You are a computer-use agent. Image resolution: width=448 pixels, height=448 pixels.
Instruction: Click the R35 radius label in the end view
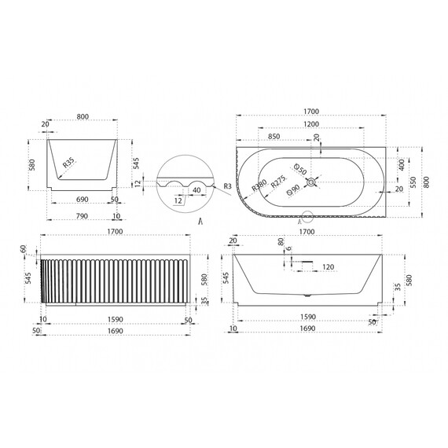pos(68,163)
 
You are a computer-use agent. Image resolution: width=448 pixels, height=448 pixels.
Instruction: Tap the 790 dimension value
pos(81,215)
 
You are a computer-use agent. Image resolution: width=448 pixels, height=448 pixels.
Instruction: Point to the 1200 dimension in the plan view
pos(313,125)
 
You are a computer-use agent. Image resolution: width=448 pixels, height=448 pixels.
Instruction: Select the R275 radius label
pos(277,182)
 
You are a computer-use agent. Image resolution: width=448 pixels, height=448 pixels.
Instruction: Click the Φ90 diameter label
pos(293,189)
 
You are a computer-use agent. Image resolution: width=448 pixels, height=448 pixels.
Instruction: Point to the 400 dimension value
pos(402,166)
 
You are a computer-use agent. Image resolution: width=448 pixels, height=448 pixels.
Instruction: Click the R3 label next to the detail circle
pos(227,185)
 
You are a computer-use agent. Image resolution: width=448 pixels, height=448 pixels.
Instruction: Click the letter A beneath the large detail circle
pos(201,222)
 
